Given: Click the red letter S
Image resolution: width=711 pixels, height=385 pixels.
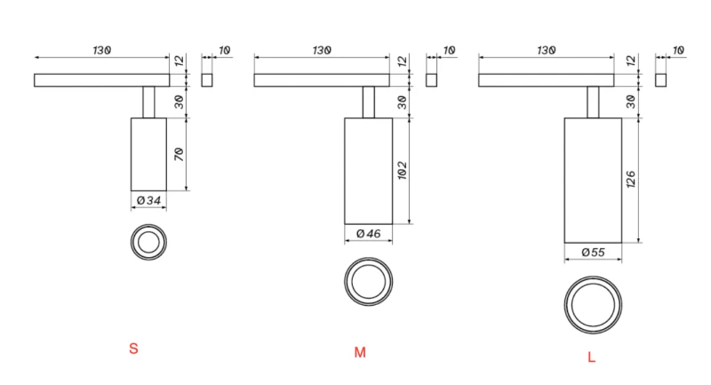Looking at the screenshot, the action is [x=133, y=349].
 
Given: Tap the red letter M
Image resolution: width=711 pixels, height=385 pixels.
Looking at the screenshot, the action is [x=360, y=352].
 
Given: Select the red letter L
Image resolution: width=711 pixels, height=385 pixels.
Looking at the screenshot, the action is [x=591, y=357].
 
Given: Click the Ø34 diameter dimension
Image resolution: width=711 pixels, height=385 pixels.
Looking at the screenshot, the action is [x=148, y=200].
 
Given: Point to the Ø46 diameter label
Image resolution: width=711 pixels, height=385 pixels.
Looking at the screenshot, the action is [x=369, y=234].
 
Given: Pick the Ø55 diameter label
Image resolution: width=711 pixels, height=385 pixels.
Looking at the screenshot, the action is [x=593, y=253].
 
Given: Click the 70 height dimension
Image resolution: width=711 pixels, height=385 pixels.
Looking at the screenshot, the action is [x=180, y=154].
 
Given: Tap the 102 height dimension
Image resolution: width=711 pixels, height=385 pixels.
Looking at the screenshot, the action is [x=403, y=171].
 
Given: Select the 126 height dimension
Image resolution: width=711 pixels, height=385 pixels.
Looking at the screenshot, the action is [x=631, y=180].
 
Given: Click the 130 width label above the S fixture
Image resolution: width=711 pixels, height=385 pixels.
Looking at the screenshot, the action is [x=102, y=51].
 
